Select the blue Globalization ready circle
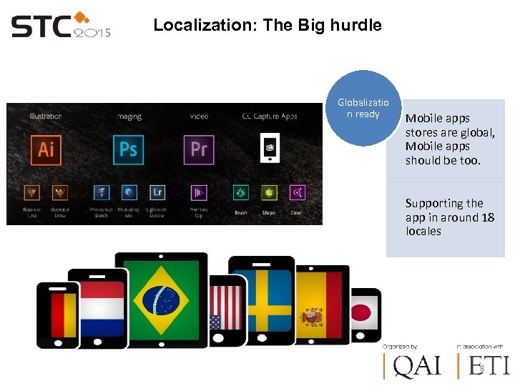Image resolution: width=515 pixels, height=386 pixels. pyautogui.click(x=363, y=109)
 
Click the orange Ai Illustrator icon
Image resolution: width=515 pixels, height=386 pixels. pyautogui.click(x=46, y=149)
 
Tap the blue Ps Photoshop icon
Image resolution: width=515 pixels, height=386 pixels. pyautogui.click(x=128, y=149)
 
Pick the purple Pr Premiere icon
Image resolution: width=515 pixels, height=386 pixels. pyautogui.click(x=199, y=149)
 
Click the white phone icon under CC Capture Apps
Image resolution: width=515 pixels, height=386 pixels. pyautogui.click(x=270, y=149)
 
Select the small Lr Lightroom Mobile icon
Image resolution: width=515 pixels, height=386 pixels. pyautogui.click(x=157, y=192)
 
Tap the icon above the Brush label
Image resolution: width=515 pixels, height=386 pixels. pyautogui.click(x=241, y=192)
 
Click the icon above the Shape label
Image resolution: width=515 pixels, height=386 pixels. pyautogui.click(x=269, y=192)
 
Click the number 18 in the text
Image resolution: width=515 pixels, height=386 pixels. pyautogui.click(x=487, y=217)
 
